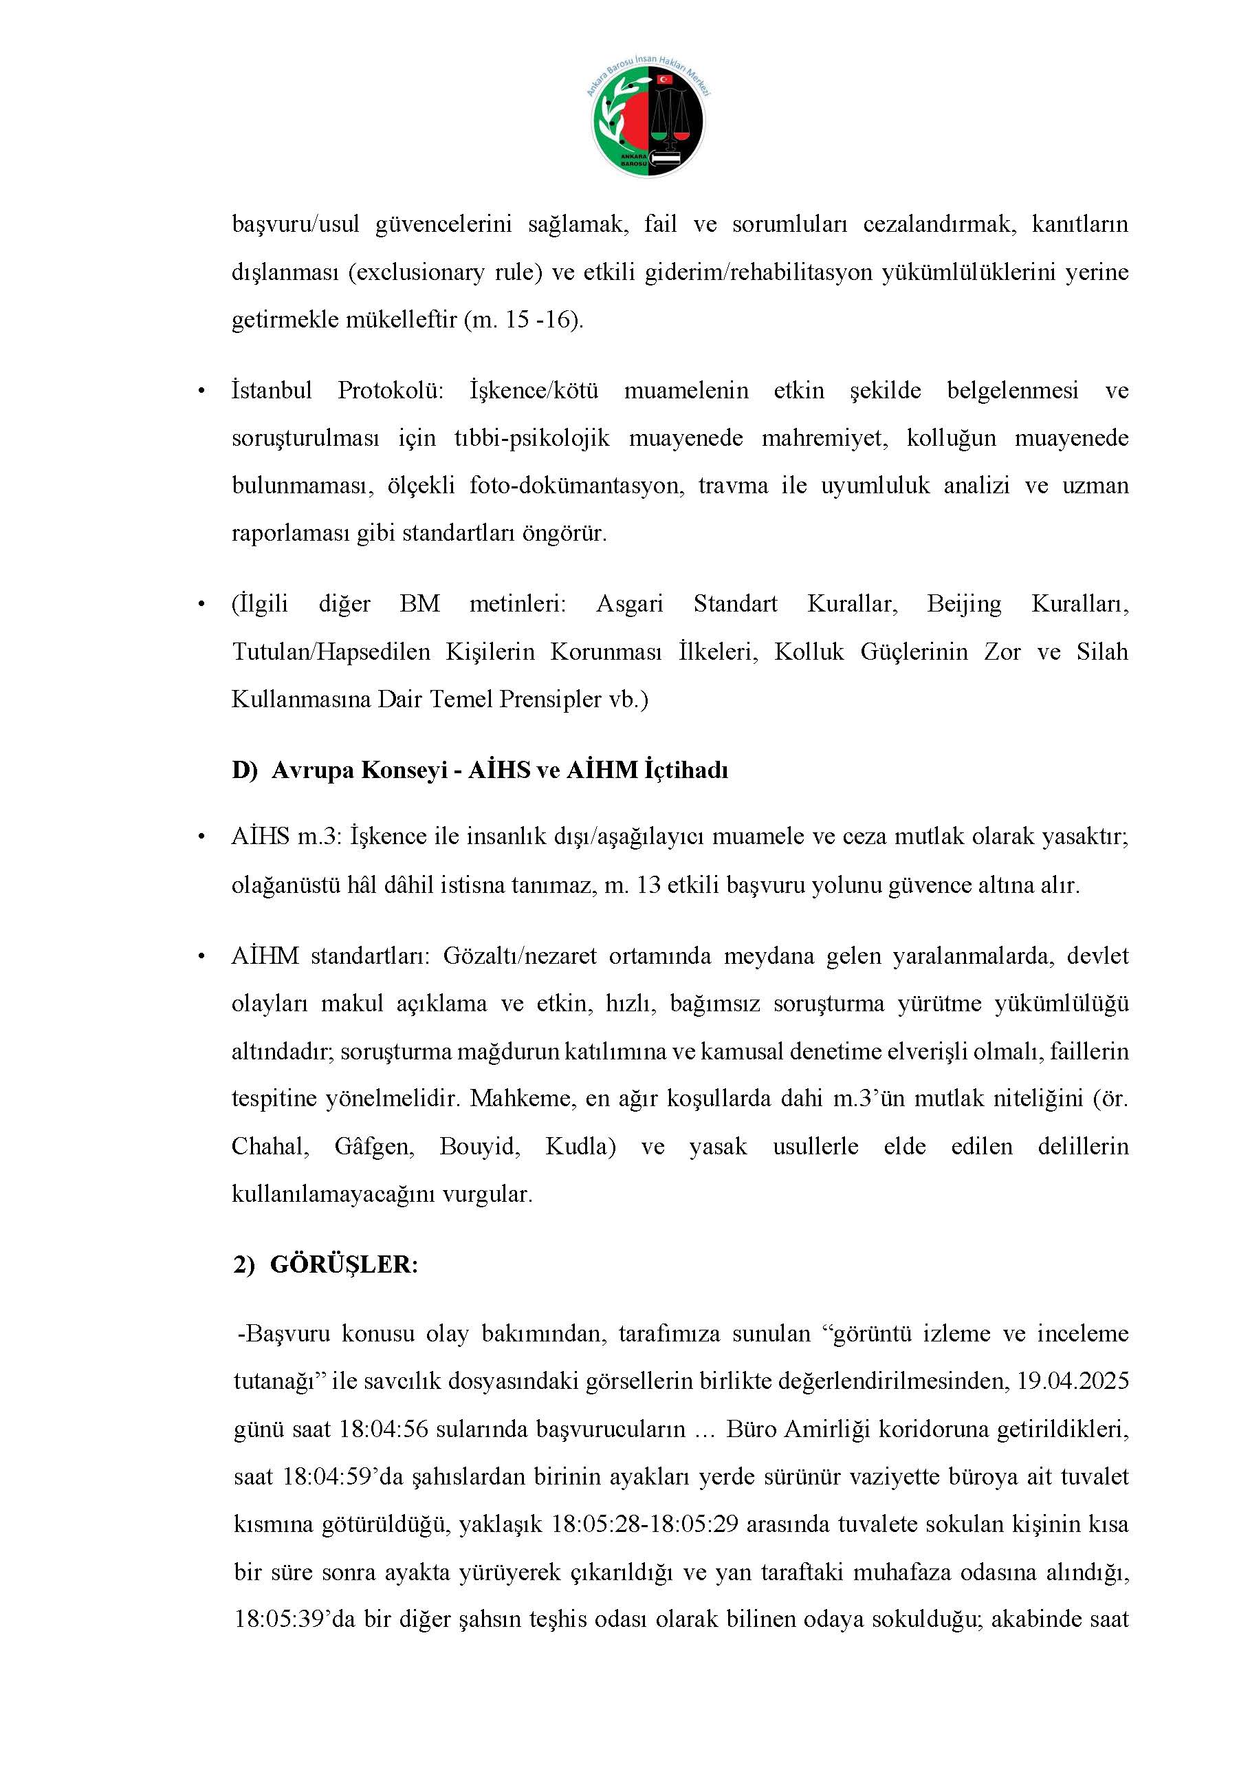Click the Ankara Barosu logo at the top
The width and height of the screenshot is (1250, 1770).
(648, 120)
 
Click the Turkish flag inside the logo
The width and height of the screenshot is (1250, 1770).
(664, 79)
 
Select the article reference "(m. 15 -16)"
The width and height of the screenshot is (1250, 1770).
(523, 320)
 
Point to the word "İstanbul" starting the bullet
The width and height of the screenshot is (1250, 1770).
(272, 390)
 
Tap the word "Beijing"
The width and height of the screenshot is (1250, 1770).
(963, 603)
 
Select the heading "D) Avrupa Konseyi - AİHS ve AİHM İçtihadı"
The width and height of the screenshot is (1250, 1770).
(479, 770)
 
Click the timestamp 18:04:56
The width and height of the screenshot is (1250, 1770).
(384, 1429)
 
